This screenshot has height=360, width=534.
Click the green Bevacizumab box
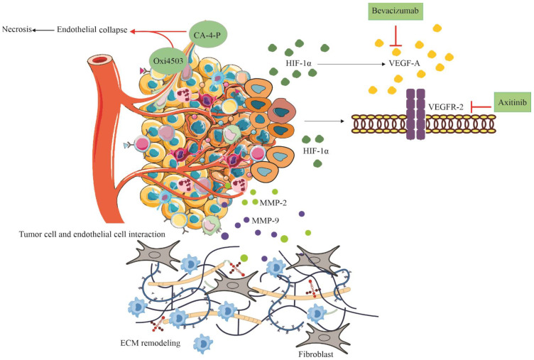[x=396, y=11]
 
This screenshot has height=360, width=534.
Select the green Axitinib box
[x=512, y=102]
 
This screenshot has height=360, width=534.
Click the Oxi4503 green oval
[x=168, y=61]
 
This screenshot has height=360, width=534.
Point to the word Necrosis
[x=17, y=29]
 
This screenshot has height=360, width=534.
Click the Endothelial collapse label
[x=92, y=30]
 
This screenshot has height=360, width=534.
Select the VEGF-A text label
[x=404, y=63]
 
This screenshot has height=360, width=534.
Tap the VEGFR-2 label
[x=446, y=107]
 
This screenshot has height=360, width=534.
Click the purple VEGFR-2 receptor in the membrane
[x=416, y=114]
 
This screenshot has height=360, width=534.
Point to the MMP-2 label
[x=273, y=203]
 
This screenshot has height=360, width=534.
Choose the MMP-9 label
[x=266, y=221]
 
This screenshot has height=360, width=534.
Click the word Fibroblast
[x=316, y=354]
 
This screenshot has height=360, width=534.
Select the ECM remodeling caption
[x=151, y=343]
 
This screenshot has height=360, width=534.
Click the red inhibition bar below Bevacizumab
[x=396, y=36]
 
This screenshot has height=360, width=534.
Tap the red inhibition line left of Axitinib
[x=481, y=107]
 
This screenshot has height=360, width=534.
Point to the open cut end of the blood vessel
[x=99, y=60]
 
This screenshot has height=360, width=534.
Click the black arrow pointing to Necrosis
[x=43, y=30]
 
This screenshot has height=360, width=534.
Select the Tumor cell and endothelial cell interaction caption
[x=92, y=234]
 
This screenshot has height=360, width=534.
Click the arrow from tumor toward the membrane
[x=325, y=121]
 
